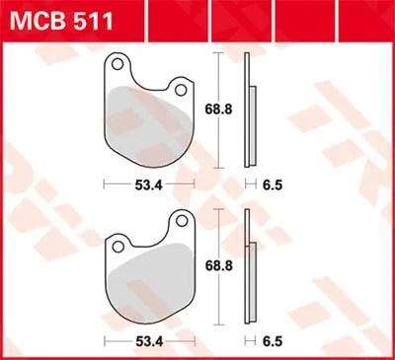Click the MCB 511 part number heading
pos(62,18)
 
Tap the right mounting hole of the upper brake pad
pos(181,90)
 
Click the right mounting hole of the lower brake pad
pos(181,220)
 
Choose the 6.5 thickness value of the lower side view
pos(271,339)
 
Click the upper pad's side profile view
pos(248,110)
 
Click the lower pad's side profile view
pos(248,266)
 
